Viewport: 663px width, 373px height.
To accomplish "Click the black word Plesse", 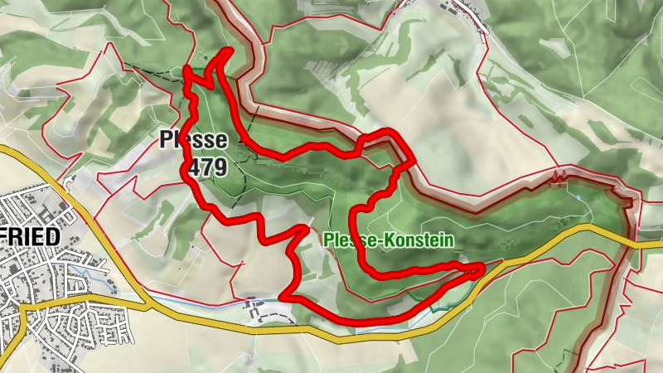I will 193,139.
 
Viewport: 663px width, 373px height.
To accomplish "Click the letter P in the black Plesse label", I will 166,139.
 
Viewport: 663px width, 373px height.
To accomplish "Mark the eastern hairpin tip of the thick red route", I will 482,268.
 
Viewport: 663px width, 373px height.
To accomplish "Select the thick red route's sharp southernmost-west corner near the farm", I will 283,295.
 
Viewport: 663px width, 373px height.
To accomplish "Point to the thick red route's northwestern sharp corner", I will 187,70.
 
